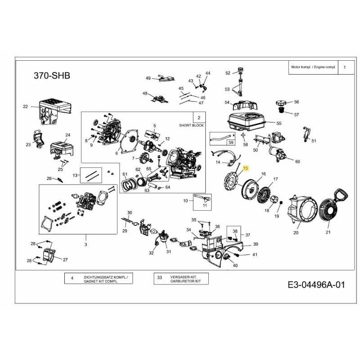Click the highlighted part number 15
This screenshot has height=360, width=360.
tap(245, 168)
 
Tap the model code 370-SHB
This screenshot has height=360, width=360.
tap(52, 76)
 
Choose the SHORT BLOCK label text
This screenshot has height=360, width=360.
tap(191, 126)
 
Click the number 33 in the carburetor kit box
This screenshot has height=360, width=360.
tap(159, 278)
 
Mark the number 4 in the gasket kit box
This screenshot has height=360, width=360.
tap(72, 278)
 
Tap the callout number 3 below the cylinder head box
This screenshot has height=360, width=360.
tap(85, 245)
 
